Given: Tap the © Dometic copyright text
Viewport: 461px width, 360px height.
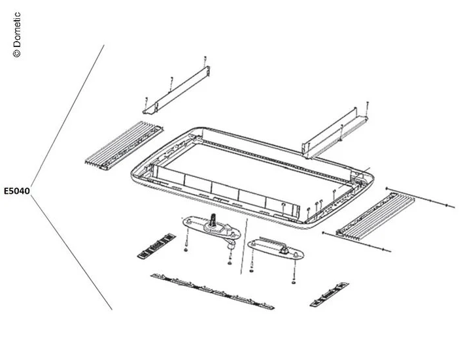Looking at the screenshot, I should tap(17, 34).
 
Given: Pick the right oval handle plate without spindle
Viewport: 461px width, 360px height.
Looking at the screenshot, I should tap(275, 248).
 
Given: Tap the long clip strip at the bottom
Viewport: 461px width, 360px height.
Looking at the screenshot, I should tap(212, 291).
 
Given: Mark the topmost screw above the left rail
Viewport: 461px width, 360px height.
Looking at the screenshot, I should tap(205, 59).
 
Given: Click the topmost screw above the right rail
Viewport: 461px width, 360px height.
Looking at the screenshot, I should tap(367, 103).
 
